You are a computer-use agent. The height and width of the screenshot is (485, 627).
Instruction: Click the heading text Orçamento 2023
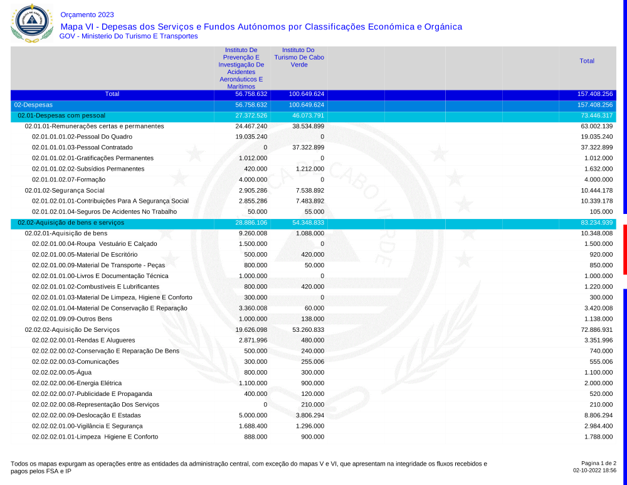pos(87,14)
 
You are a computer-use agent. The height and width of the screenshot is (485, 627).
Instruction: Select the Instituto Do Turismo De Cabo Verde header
pos(298,57)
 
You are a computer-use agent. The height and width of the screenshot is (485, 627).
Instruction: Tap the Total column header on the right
pos(587,61)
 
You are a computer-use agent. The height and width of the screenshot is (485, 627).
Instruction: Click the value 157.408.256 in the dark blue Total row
pos(594,94)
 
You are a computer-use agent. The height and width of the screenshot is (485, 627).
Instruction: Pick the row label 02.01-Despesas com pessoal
pos(61,116)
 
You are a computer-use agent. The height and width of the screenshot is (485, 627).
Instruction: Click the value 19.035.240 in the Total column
pos(596,137)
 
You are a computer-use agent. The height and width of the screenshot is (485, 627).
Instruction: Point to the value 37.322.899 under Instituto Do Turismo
pos(308,147)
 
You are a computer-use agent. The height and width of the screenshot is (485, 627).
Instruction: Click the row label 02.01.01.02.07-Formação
pos(70,179)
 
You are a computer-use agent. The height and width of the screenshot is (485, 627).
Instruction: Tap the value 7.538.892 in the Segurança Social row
pos(308,190)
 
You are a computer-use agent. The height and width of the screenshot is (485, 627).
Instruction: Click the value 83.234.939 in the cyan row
pos(594,223)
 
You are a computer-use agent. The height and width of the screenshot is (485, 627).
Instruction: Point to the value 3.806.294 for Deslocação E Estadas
pos(308,415)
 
